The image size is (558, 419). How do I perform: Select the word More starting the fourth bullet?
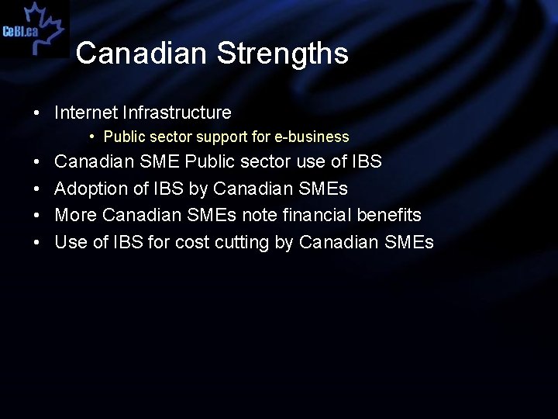click(75, 215)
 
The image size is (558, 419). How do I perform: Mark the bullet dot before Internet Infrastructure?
click(37, 113)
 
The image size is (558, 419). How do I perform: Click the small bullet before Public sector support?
click(91, 137)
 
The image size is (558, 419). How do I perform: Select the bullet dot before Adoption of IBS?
click(37, 189)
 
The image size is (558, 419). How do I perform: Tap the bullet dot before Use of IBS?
click(37, 242)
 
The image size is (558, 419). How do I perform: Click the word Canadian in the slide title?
click(142, 54)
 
